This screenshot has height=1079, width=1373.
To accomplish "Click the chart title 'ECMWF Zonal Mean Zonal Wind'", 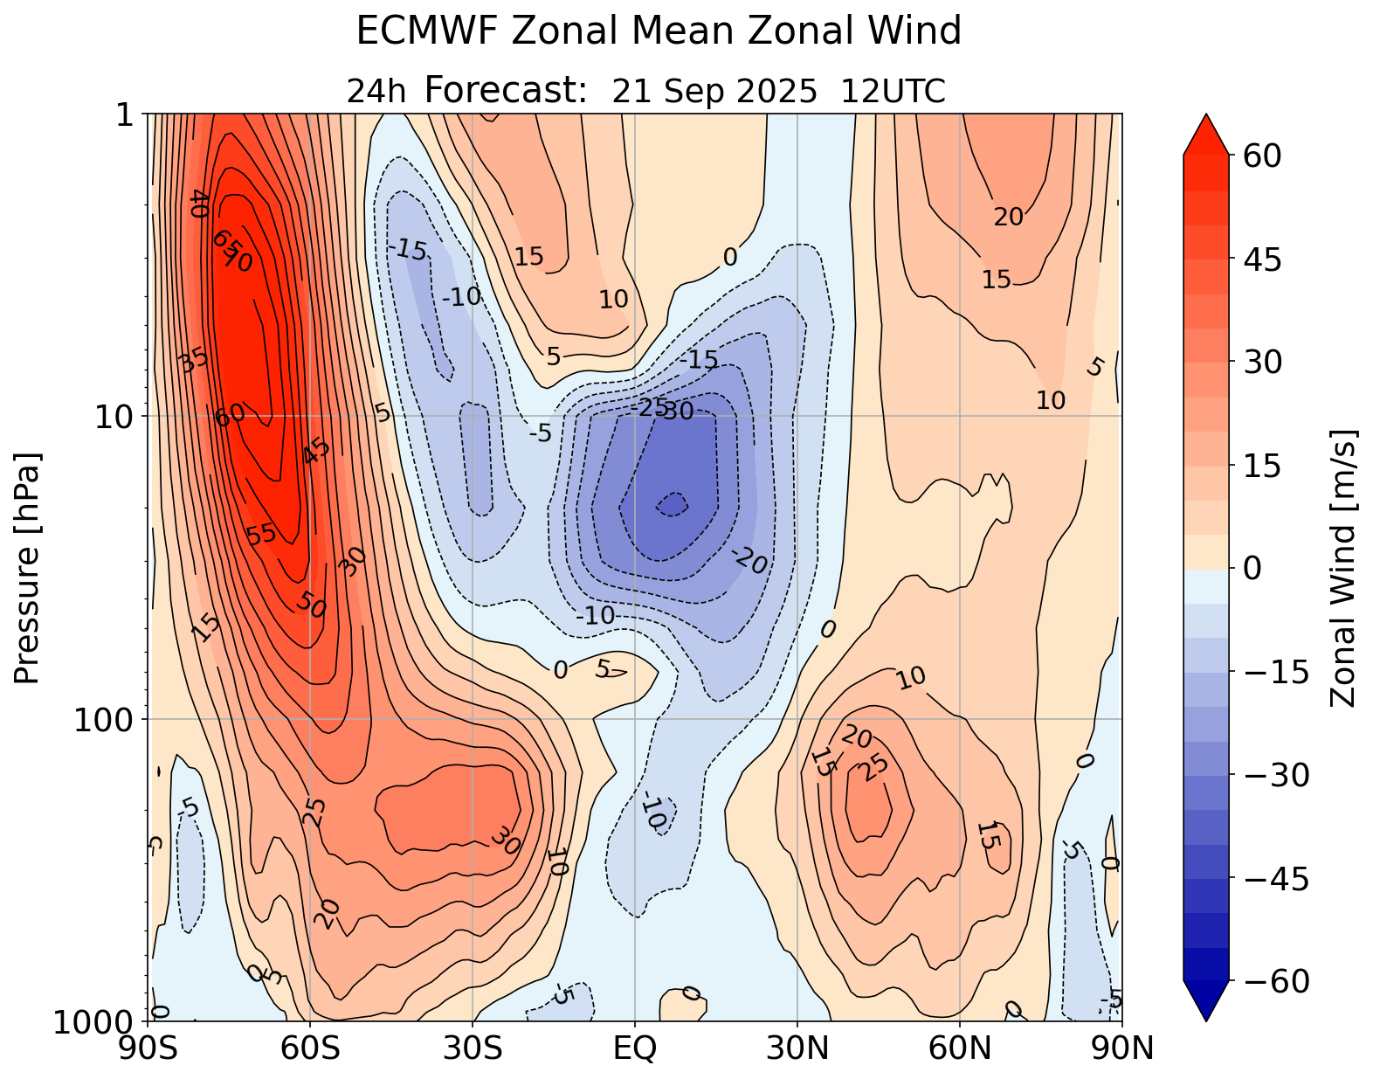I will tap(659, 32).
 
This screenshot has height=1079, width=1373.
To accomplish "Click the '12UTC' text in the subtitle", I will tap(893, 91).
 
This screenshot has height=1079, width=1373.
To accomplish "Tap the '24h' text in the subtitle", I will tap(376, 91).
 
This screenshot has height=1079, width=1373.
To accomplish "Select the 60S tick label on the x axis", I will tap(310, 1048).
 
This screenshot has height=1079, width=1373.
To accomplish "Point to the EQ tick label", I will tap(635, 1048).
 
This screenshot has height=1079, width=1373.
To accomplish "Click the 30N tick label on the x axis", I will tap(797, 1048).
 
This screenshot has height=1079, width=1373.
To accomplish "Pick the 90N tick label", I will tap(1121, 1048).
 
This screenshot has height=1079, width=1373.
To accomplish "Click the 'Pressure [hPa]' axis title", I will tap(28, 568).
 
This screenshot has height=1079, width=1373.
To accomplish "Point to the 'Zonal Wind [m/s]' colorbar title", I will tap(1343, 568).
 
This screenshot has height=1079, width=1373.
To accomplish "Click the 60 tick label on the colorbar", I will tap(1257, 156).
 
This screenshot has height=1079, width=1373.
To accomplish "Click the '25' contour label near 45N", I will tap(874, 767).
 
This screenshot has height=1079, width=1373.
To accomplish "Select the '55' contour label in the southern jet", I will tap(261, 535).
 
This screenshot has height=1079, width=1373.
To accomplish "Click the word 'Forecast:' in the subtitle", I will tap(506, 90).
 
